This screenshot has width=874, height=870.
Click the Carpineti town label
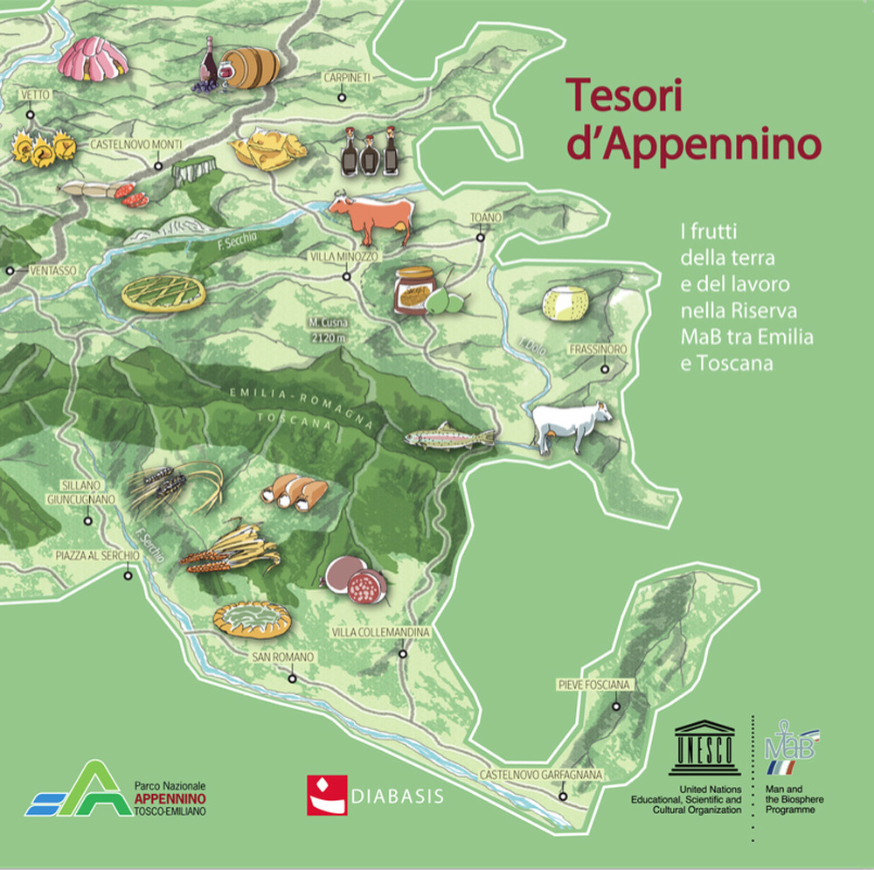click(348, 78)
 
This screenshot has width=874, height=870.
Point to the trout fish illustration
click(447, 435)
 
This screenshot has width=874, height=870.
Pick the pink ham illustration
click(94, 58)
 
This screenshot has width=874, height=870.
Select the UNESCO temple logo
click(704, 748)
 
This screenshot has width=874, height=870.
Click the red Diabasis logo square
click(327, 795)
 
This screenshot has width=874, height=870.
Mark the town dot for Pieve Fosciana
click(616, 706)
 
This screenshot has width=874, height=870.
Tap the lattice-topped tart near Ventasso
click(163, 293)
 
